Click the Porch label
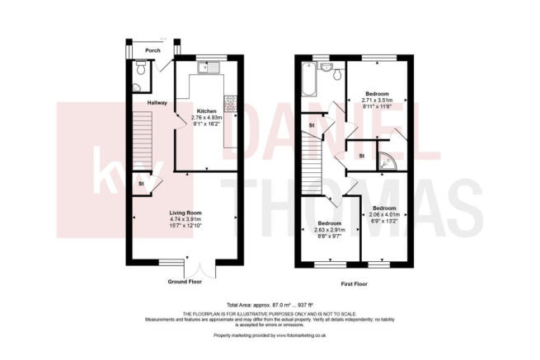tap(152, 51)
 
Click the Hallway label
tap(157, 103)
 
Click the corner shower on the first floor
tap(385, 162)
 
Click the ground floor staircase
tap(143, 140)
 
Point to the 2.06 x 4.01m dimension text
tap(384, 214)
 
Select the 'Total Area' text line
tap(270, 304)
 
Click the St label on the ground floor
tap(142, 183)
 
